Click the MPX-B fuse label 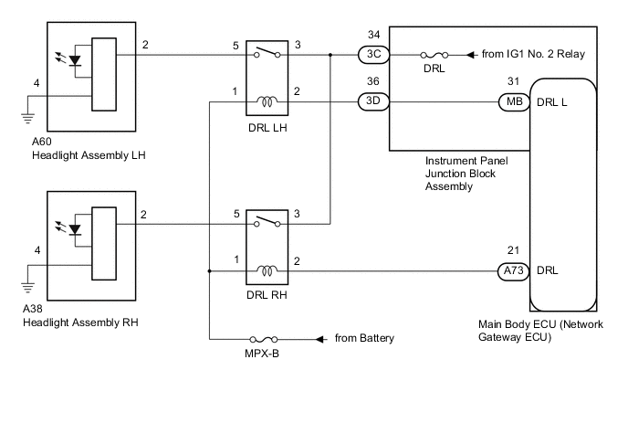pos(262,354)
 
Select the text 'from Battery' pos(364,338)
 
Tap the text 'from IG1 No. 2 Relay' pos(533,54)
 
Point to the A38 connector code pos(39,310)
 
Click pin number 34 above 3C pos(373,36)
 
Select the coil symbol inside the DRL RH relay pos(267,271)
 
